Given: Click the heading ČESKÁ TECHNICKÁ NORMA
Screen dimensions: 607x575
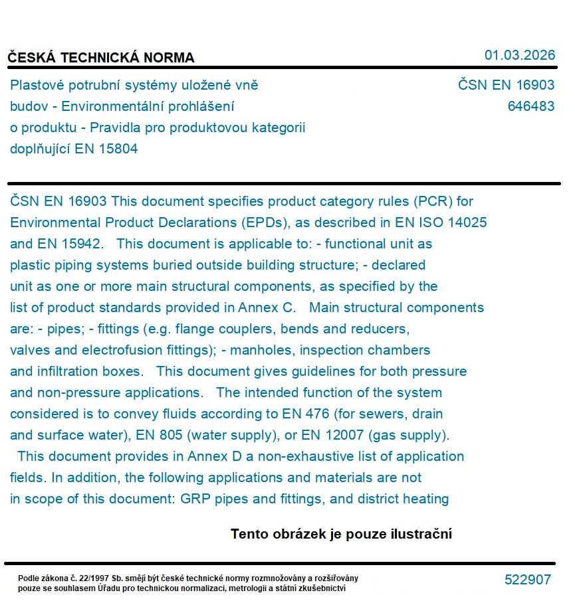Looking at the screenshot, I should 101,58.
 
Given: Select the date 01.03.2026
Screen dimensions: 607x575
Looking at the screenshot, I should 519,55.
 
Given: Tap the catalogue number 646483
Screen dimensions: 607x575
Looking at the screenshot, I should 530,106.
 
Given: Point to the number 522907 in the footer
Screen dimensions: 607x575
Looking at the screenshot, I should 527,580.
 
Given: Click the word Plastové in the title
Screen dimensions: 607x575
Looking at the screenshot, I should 37,85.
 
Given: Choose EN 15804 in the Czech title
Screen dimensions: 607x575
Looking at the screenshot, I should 106,149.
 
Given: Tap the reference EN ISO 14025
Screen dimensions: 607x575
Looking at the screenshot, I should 437,222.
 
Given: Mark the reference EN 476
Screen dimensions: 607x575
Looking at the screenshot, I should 304,414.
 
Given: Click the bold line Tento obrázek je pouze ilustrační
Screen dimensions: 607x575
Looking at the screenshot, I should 341,534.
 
